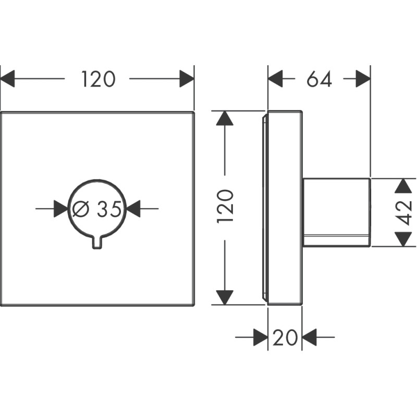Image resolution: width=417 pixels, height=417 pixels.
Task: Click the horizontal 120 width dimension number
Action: point(97,79)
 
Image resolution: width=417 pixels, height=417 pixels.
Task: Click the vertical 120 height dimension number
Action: point(225,207)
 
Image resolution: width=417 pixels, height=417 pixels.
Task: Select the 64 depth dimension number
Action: point(319,79)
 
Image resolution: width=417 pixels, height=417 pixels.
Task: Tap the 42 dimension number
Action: point(404,212)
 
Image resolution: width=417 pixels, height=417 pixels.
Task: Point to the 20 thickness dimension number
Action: point(285,338)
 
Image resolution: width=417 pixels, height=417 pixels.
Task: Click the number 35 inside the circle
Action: point(109,209)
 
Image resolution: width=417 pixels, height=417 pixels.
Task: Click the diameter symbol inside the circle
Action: point(81,209)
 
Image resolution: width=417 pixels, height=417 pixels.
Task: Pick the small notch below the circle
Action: point(97,243)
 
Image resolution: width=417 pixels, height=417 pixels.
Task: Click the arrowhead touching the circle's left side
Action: point(62,209)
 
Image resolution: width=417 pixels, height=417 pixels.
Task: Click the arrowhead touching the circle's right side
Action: point(134,209)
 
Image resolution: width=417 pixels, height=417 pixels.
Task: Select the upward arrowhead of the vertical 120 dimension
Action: point(225,118)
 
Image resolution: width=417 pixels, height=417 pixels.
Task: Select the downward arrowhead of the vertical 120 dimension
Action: point(225,298)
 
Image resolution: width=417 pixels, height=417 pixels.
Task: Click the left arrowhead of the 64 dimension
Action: point(275,79)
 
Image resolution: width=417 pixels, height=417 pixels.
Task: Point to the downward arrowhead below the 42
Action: point(402,239)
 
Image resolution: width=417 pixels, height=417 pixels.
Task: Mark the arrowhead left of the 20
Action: point(260,337)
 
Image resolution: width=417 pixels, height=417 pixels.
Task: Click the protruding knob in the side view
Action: point(337,212)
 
